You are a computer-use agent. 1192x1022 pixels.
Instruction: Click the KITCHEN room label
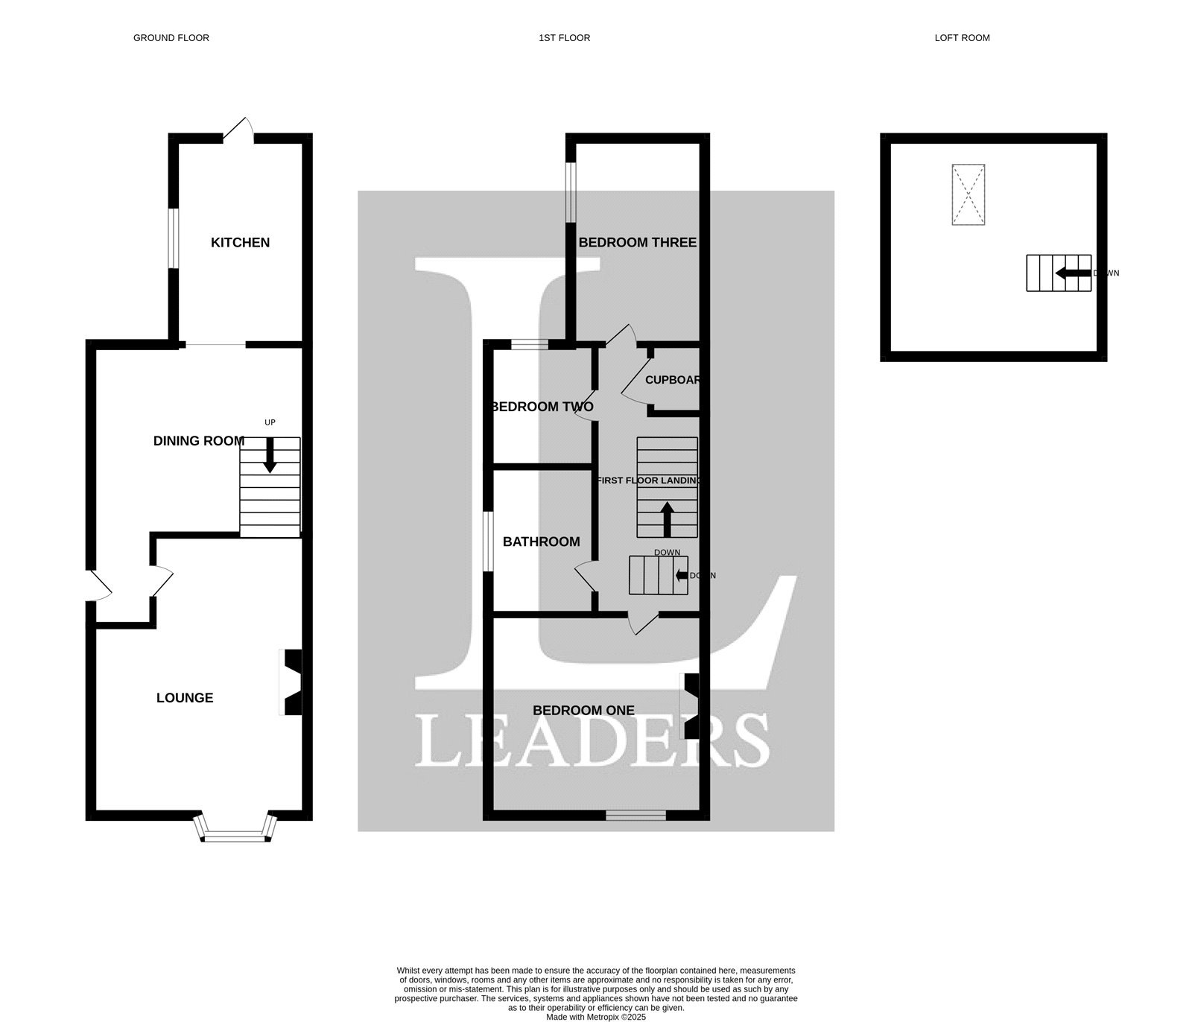240,242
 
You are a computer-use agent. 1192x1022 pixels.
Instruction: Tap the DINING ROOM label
199,441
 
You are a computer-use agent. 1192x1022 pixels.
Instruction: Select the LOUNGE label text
185,698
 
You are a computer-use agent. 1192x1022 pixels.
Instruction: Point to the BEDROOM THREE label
638,242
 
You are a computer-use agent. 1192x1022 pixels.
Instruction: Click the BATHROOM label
542,542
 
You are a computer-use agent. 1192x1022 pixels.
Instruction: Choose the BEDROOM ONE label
584,711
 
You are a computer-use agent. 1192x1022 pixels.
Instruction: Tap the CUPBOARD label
673,380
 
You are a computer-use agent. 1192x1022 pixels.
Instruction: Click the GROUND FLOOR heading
171,38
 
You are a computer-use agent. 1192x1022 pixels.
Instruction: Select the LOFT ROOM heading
963,38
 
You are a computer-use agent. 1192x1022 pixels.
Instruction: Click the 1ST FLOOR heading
565,38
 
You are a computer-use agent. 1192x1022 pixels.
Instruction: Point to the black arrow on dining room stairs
270,455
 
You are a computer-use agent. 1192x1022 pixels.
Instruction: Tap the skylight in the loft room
968,194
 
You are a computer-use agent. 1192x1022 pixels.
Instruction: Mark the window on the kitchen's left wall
172,238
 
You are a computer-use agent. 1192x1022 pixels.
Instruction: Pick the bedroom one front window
635,816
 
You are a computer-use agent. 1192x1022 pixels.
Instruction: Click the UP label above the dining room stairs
270,422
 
